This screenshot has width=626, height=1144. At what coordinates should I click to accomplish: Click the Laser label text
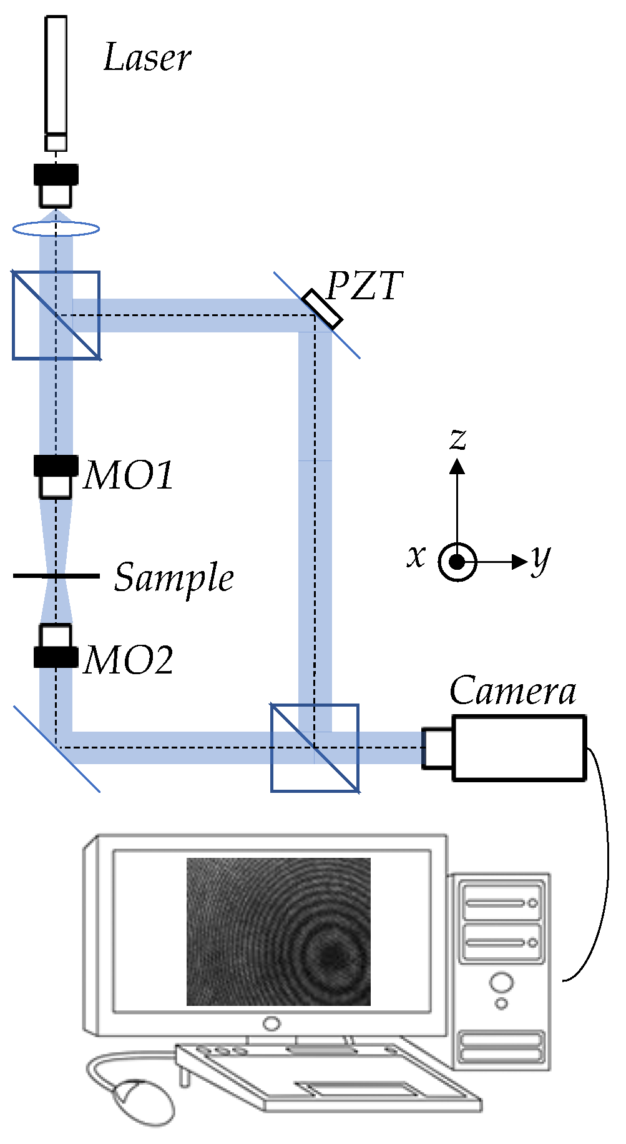click(147, 57)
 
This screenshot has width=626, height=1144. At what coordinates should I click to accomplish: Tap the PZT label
click(365, 286)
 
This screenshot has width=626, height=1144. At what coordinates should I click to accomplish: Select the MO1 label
click(129, 475)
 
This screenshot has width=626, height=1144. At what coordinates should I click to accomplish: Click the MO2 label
click(129, 660)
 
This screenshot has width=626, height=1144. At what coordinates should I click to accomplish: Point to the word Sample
click(174, 577)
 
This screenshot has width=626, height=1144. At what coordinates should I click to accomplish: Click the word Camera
click(512, 691)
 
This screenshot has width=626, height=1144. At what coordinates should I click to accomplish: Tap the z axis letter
click(458, 439)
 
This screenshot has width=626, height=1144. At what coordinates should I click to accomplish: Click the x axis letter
click(416, 555)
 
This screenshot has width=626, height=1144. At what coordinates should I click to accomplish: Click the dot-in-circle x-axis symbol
click(457, 562)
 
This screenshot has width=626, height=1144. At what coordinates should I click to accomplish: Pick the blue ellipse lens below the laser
click(56, 229)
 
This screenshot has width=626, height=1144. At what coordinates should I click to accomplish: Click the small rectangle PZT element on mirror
click(323, 309)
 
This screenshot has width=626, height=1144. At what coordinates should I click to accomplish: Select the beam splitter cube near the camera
click(315, 748)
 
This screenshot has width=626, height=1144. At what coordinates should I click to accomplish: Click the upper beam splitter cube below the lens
click(56, 316)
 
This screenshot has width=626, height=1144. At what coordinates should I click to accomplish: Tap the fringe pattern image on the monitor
click(278, 931)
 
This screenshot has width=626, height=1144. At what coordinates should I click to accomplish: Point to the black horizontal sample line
click(56, 575)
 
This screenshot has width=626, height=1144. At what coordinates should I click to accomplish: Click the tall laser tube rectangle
click(56, 75)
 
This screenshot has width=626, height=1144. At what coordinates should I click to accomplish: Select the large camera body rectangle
click(519, 748)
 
